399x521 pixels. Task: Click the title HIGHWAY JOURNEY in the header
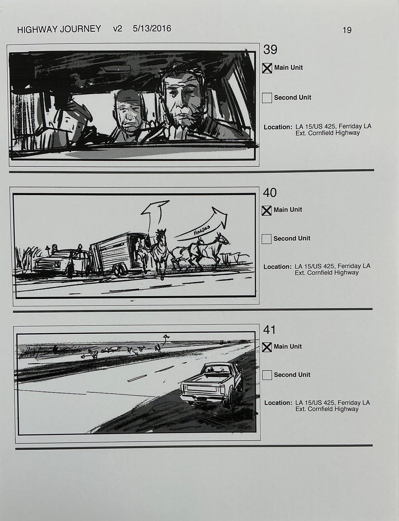click(x=59, y=29)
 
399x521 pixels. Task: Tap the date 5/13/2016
click(x=152, y=28)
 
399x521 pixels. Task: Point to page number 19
click(x=347, y=30)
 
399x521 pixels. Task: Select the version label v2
click(x=117, y=29)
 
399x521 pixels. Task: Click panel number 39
click(x=270, y=50)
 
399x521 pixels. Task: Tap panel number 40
click(x=269, y=193)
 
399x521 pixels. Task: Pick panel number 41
click(x=269, y=330)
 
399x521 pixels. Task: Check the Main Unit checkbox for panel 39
click(x=267, y=68)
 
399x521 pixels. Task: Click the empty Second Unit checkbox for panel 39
click(x=267, y=98)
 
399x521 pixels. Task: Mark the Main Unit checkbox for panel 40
click(x=266, y=210)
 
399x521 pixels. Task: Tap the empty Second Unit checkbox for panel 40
click(x=266, y=239)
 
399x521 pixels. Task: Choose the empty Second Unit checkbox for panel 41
click(x=267, y=375)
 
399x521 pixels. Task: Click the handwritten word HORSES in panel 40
click(x=202, y=231)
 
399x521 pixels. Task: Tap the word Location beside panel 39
click(x=278, y=127)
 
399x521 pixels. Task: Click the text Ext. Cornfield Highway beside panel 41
click(x=327, y=409)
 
